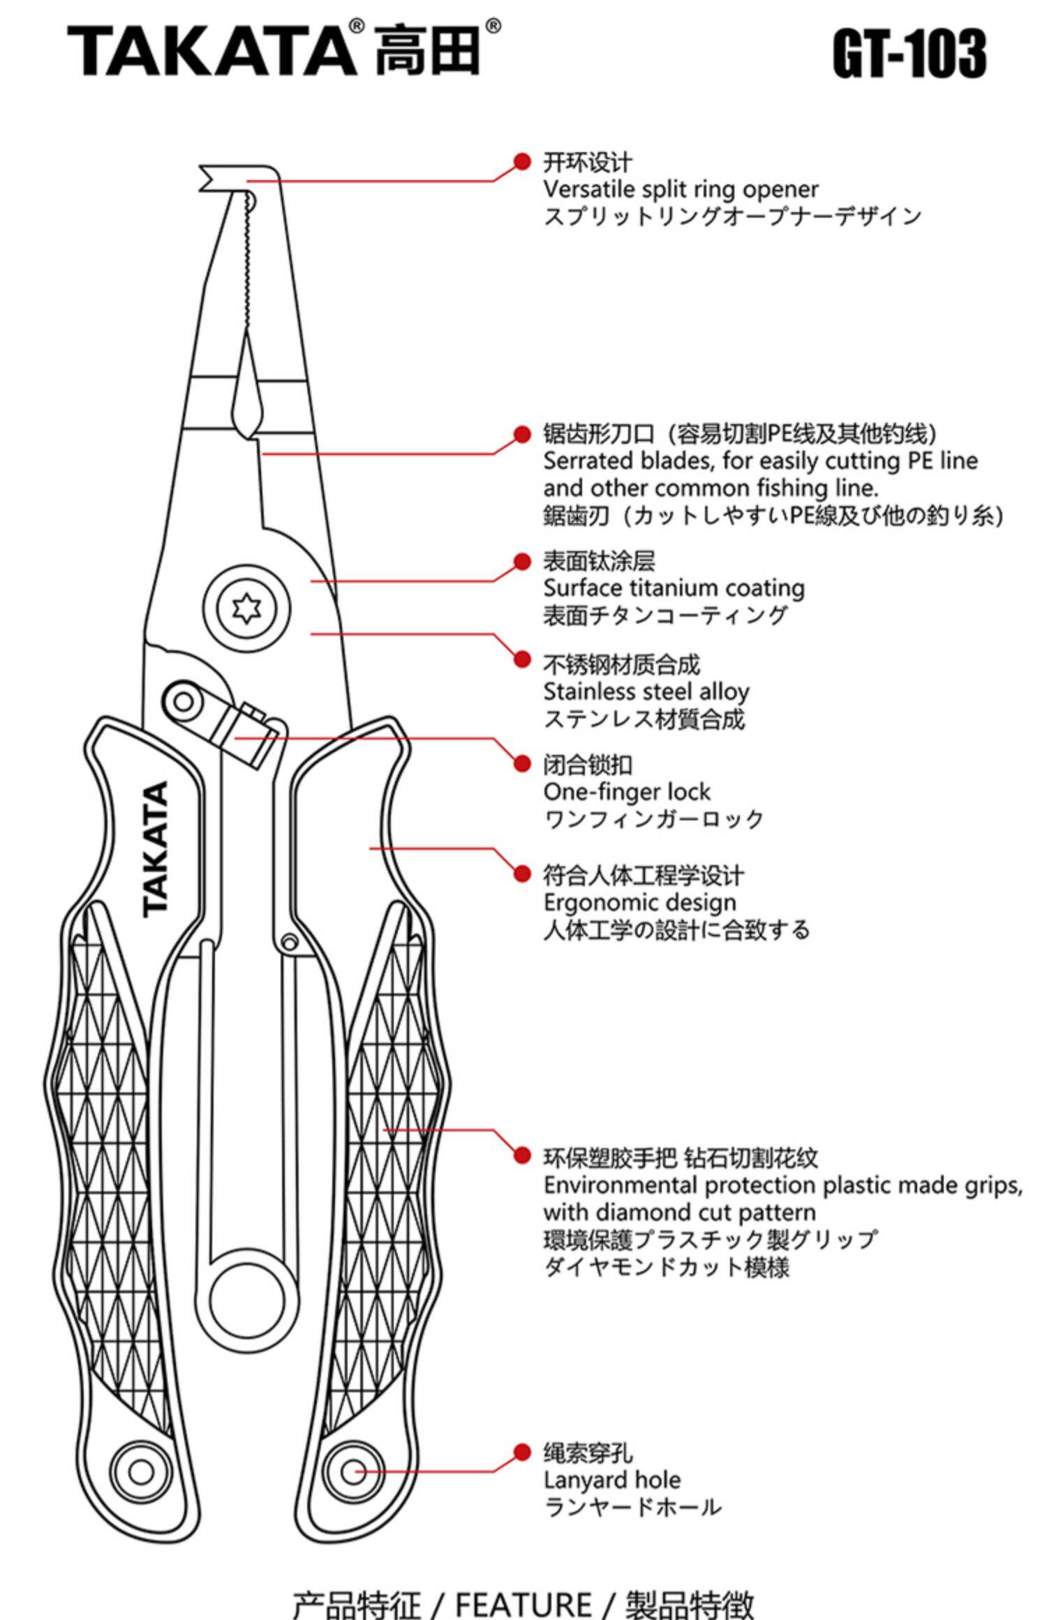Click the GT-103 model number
coord(909,53)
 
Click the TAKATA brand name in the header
coord(211,50)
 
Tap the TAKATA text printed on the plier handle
coord(156,849)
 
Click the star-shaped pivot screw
coord(246,608)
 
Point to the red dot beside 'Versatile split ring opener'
coord(521,162)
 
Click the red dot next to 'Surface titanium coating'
coord(521,562)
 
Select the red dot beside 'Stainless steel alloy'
coord(521,659)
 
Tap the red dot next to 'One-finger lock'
coord(521,763)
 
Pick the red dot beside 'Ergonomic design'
coord(521,873)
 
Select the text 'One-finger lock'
coord(626,792)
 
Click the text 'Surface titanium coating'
coord(674,588)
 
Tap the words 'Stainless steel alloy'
coord(646,692)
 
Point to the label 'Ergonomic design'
coord(639,902)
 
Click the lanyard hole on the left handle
coord(140,1472)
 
